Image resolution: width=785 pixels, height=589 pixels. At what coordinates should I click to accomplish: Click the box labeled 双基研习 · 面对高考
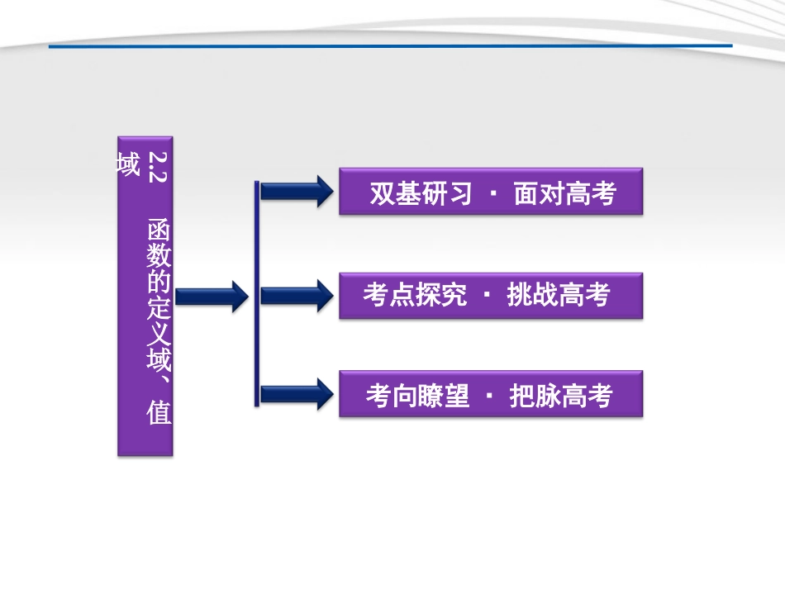[491, 192]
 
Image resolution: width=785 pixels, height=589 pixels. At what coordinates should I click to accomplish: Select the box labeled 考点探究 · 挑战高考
[491, 295]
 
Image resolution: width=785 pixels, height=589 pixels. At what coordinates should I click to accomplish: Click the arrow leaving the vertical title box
[212, 295]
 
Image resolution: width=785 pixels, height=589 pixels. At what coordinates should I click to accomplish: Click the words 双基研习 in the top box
[421, 193]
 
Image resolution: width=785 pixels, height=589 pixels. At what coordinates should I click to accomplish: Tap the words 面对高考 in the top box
[564, 193]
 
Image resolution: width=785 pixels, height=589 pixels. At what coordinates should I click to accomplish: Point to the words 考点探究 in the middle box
[415, 295]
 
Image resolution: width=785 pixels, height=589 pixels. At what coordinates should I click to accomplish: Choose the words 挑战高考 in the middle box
[559, 295]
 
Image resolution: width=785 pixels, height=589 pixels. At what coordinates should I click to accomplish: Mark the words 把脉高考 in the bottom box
[561, 397]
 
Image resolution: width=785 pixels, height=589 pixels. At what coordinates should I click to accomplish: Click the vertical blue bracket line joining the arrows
[257, 293]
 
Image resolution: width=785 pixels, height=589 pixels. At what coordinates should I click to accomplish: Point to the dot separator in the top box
[492, 194]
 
